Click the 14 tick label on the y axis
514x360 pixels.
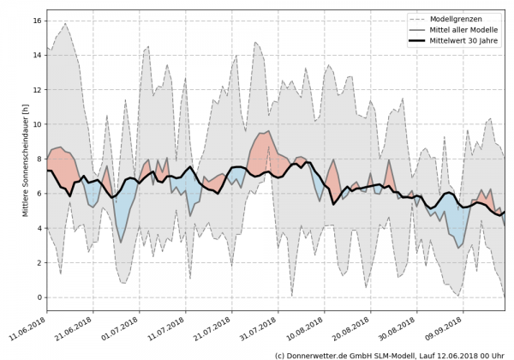click(37, 54)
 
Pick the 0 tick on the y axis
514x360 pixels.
click(39, 297)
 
